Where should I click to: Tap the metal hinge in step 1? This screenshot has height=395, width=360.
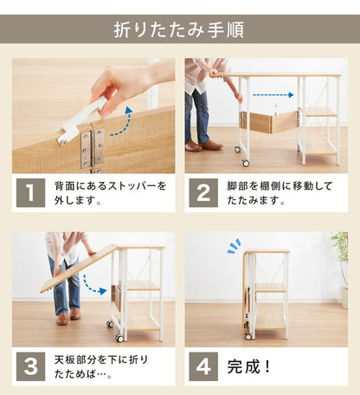pyautogui.click(x=93, y=146)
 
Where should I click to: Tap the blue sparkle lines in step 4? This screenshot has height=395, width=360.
pyautogui.click(x=234, y=246)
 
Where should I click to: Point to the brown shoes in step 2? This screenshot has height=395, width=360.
pyautogui.click(x=201, y=146)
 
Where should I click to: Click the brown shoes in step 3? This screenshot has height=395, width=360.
pyautogui.click(x=67, y=318)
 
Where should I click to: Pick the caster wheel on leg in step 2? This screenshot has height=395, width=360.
pyautogui.click(x=246, y=163)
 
